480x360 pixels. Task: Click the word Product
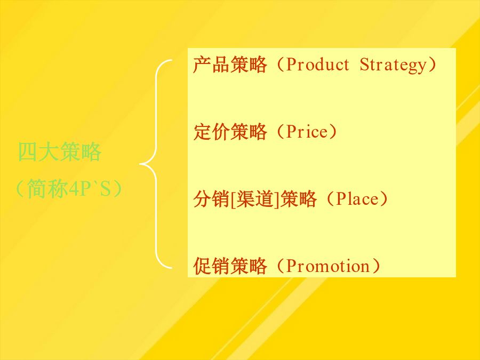tap(317, 65)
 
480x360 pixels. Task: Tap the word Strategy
tap(393, 65)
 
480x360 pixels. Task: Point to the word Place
tap(357, 199)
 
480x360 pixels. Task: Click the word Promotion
tap(328, 266)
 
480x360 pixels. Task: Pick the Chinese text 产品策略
tap(230, 65)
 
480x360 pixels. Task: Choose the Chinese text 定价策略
tap(230, 132)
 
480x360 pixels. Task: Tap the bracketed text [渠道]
tap(255, 199)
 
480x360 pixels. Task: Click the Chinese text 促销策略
tap(230, 266)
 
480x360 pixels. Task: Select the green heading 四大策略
tap(60, 152)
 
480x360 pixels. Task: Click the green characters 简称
tap(47, 189)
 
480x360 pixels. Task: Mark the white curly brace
tap(156, 164)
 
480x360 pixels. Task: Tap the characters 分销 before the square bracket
tap(212, 199)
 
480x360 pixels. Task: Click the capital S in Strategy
tap(365, 65)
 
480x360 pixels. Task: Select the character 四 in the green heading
tap(28, 152)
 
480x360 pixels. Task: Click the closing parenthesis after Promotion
tap(376, 266)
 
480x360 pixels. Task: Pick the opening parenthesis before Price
tap(281, 132)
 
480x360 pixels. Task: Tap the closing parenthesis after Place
tap(383, 199)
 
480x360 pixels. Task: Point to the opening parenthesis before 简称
tap(20, 189)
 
